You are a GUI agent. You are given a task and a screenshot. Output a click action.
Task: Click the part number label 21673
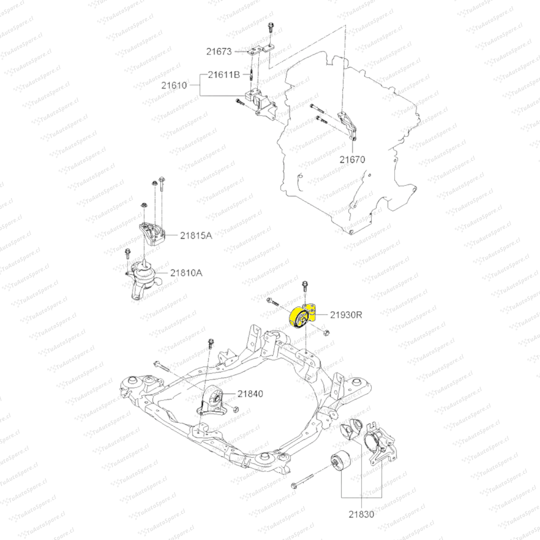[218, 51]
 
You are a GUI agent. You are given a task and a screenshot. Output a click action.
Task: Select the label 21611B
[224, 75]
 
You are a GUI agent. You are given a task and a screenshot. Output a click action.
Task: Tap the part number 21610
[174, 85]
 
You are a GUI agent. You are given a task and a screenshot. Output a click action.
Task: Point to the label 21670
[352, 160]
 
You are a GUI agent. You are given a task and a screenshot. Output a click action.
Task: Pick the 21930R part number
[345, 315]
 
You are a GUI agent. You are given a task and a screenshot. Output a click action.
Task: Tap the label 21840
[250, 394]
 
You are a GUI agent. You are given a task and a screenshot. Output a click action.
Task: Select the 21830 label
[361, 513]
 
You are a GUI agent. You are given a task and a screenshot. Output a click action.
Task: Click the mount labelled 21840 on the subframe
[212, 403]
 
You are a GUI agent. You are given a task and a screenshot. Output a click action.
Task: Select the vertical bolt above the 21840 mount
[210, 344]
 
